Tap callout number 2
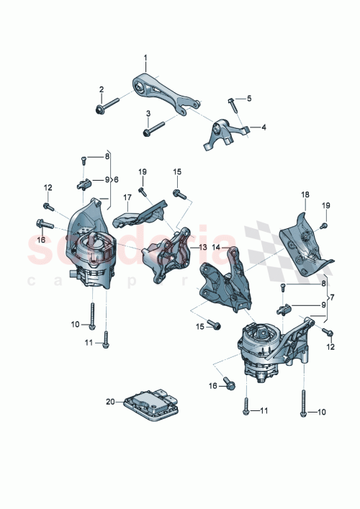click(x=102, y=89)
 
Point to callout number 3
click(x=148, y=114)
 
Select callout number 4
click(x=264, y=127)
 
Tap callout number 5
click(x=250, y=98)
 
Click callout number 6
click(x=116, y=180)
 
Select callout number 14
click(x=216, y=247)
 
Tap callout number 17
click(x=127, y=196)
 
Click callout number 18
click(x=304, y=195)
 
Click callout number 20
click(x=110, y=401)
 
